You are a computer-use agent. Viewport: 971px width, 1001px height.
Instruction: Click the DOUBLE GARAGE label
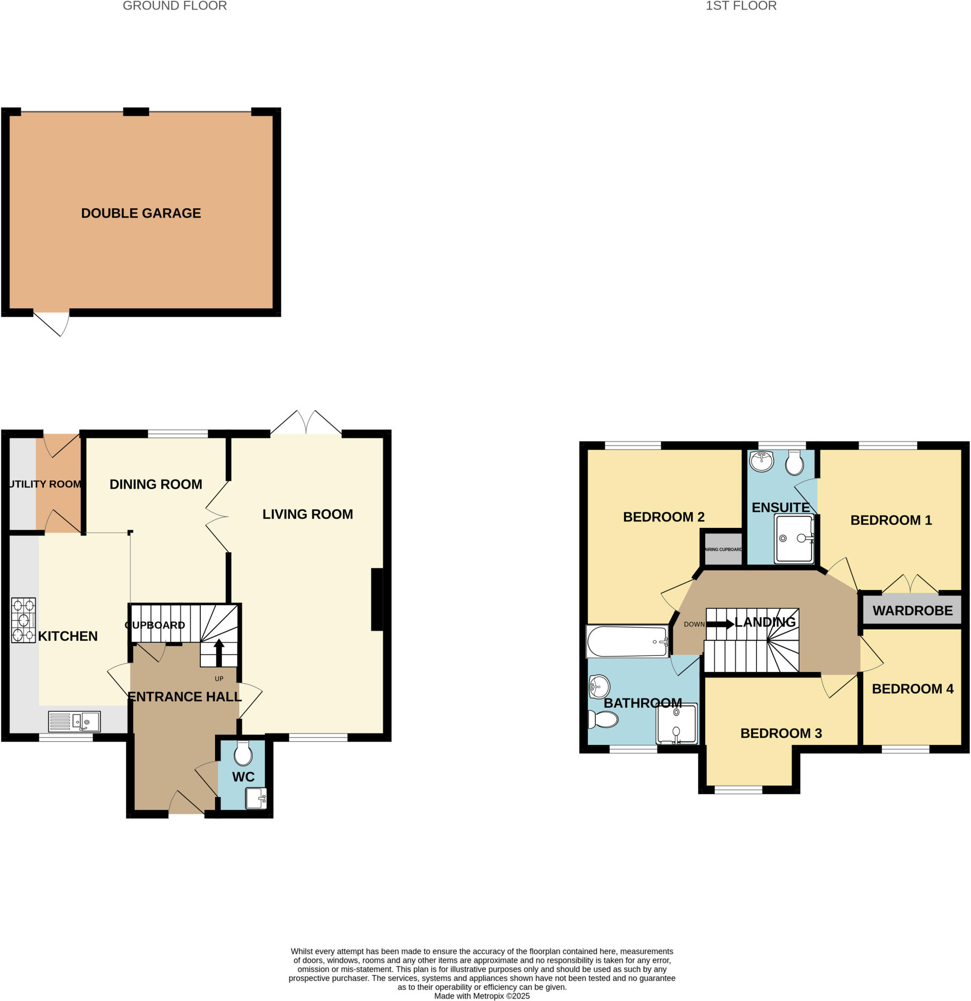[141, 213]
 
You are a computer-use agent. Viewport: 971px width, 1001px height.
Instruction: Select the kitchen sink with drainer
[74, 721]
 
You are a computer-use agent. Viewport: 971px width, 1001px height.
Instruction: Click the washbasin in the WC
[256, 798]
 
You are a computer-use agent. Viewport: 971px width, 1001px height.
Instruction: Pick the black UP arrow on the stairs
[219, 652]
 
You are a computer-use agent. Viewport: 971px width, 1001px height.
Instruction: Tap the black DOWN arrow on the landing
[720, 624]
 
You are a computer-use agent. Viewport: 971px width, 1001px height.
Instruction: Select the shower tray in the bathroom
[676, 724]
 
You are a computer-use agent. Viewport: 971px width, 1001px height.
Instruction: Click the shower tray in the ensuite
[794, 538]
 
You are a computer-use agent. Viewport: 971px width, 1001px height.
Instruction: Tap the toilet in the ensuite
[795, 463]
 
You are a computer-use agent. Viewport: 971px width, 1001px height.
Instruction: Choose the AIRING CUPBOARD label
[723, 549]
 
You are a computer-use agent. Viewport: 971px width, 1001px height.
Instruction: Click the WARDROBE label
[912, 610]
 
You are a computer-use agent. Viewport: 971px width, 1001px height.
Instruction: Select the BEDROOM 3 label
[780, 733]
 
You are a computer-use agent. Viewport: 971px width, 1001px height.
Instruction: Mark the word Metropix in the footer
[489, 996]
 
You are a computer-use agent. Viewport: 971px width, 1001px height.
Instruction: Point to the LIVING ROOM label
[307, 514]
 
